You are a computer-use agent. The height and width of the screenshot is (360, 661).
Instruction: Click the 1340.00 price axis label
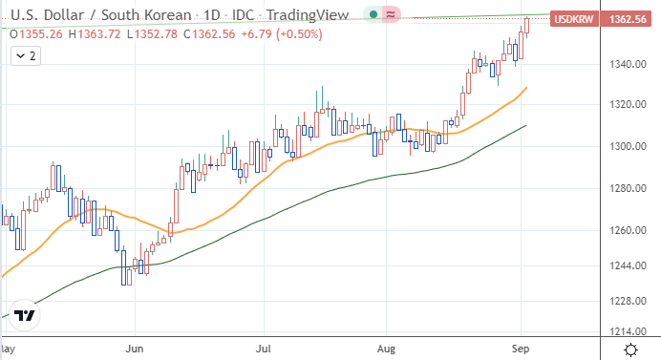click(x=628, y=65)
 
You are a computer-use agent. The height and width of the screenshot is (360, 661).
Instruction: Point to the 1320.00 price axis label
click(x=628, y=104)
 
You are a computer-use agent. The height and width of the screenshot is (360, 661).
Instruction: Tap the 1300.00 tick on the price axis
click(x=628, y=147)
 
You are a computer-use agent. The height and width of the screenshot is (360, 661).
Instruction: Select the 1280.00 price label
click(x=628, y=188)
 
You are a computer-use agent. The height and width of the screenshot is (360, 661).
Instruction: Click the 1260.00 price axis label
click(x=628, y=230)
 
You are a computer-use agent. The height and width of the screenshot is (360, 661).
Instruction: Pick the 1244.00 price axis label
click(x=628, y=266)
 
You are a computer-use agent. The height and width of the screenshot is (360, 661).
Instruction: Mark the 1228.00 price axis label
click(x=628, y=301)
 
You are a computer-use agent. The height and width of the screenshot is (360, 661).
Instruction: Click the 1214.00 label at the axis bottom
click(x=628, y=331)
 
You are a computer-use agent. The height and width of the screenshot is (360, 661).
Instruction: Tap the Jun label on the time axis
click(x=135, y=349)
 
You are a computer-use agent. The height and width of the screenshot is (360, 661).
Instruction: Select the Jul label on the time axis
click(x=264, y=349)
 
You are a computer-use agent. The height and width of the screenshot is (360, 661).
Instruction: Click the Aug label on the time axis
click(x=386, y=349)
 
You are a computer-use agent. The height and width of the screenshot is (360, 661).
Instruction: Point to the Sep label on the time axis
click(x=521, y=349)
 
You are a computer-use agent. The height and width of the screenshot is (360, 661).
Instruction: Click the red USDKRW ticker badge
click(x=574, y=19)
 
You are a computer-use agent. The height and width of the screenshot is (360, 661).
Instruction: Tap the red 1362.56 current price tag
click(x=628, y=19)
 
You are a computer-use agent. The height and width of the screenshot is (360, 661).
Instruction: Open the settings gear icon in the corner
click(x=630, y=349)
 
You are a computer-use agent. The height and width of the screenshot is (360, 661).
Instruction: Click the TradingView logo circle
click(x=25, y=315)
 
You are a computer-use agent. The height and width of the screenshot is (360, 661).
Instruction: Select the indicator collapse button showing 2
click(x=26, y=56)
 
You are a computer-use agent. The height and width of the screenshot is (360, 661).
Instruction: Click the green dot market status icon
click(x=373, y=14)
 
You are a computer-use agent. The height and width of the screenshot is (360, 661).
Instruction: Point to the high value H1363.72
click(x=95, y=34)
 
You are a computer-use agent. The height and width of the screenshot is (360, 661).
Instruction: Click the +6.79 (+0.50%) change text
click(x=282, y=34)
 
